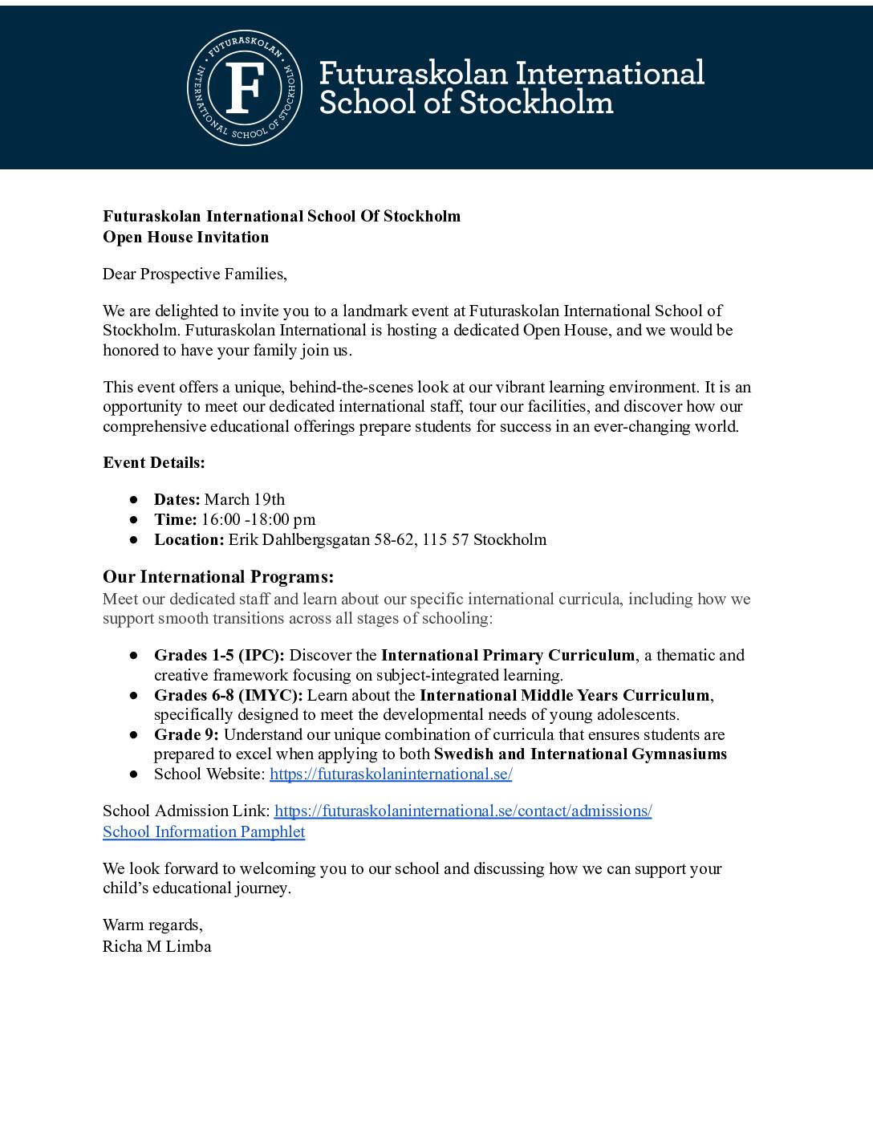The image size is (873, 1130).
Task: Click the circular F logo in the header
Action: coord(245,88)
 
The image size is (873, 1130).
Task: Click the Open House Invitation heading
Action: coord(185,237)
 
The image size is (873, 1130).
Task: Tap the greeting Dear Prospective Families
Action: coord(194,274)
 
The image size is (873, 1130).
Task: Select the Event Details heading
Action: coord(153,462)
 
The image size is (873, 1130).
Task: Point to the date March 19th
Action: coord(244,499)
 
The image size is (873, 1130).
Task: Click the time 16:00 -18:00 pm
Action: coord(258,519)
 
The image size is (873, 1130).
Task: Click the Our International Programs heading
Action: coord(217,577)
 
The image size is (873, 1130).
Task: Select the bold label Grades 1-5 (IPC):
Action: coord(219,655)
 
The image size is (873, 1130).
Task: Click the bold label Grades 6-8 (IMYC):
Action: coord(228,695)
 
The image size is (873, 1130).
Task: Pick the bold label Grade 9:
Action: coord(186,734)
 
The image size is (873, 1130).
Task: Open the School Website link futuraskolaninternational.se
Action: coord(391,774)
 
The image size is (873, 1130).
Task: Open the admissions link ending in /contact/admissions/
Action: coord(462,811)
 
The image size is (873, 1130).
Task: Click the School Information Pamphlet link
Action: coord(204,831)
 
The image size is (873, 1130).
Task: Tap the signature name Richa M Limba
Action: coord(156,946)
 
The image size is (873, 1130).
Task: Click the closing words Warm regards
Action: coord(152,925)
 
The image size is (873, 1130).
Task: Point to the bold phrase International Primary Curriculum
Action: coord(507,655)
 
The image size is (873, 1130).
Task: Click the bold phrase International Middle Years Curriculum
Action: coord(565,695)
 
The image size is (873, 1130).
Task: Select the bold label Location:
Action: coord(189,539)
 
